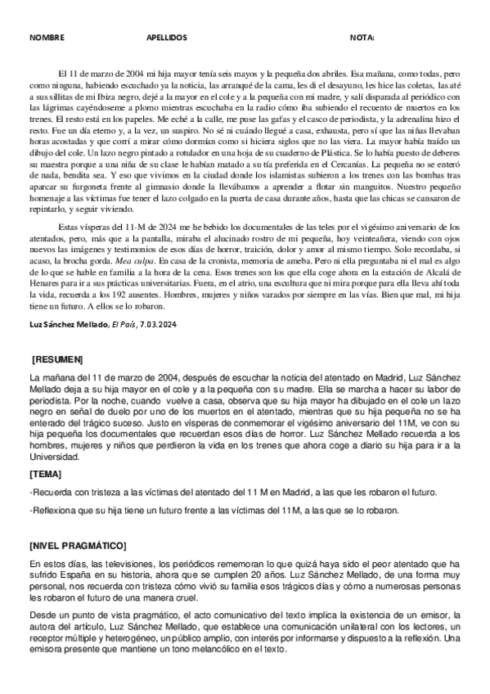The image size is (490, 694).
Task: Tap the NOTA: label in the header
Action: tap(362, 38)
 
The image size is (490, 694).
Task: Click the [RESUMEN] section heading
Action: tap(56, 360)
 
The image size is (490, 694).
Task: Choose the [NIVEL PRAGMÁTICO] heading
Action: tap(78, 543)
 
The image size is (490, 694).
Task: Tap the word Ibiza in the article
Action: tap(126, 96)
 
